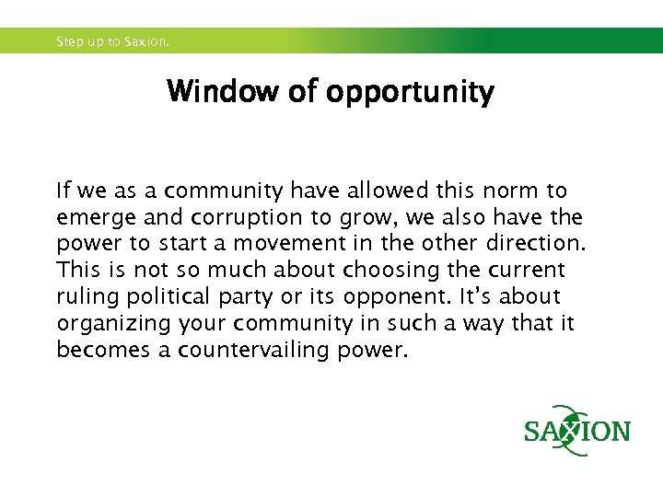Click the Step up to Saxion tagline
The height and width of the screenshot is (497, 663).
pos(113,41)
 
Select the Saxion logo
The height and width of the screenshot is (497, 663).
pos(577,431)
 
